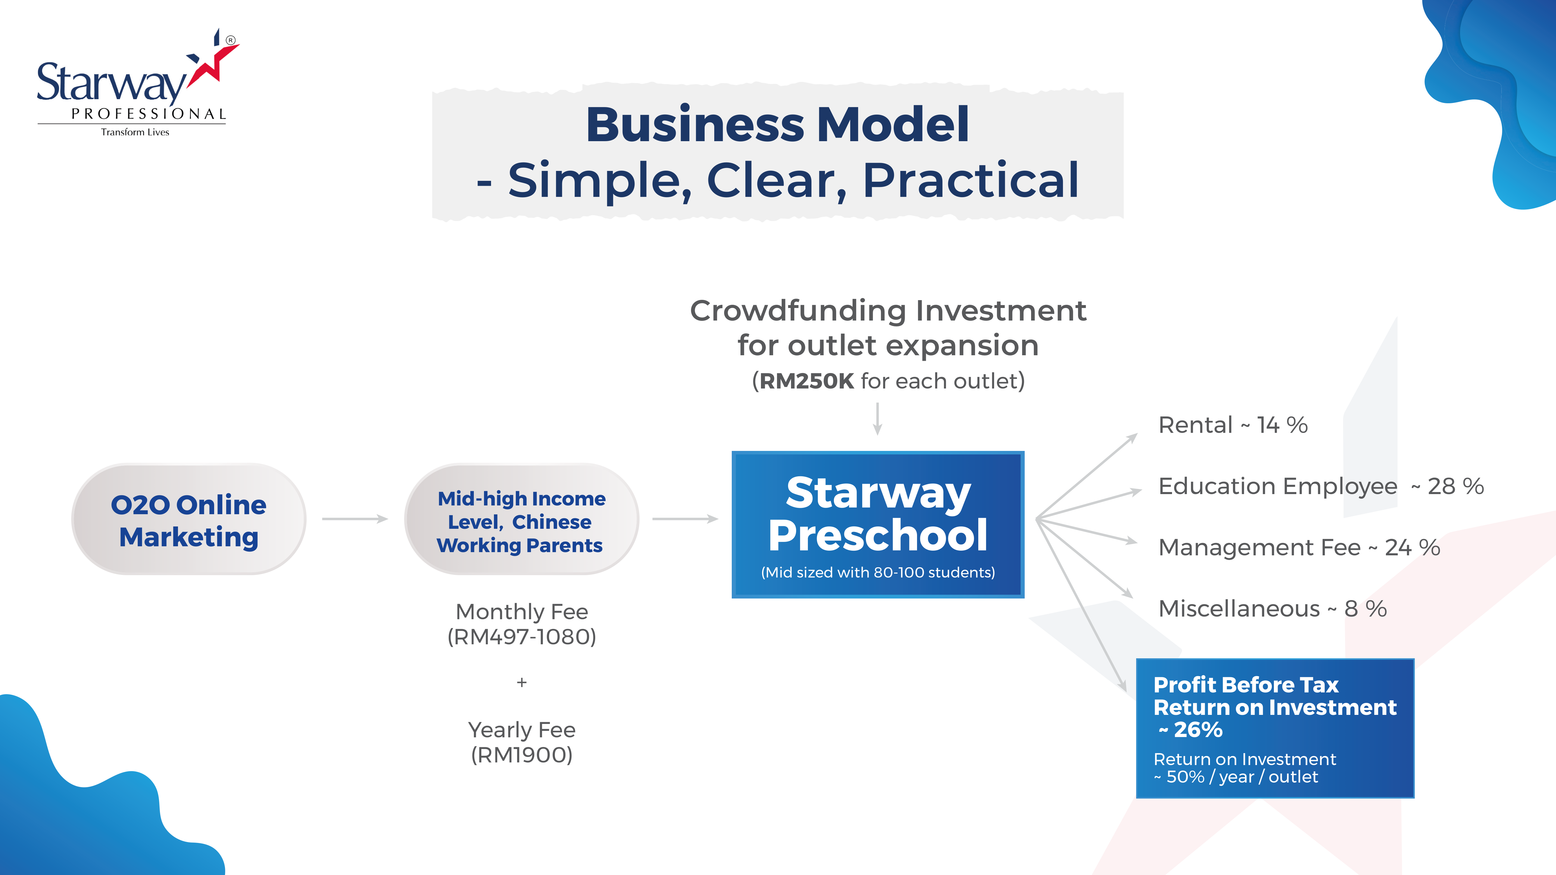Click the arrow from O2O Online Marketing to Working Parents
354,519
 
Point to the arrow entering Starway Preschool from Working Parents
685,519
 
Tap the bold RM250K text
806,381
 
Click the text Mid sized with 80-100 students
878,573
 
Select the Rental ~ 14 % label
1233,425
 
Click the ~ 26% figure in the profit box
1190,730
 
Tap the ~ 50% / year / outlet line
1236,777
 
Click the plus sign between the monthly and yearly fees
522,682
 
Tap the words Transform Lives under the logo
135,132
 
